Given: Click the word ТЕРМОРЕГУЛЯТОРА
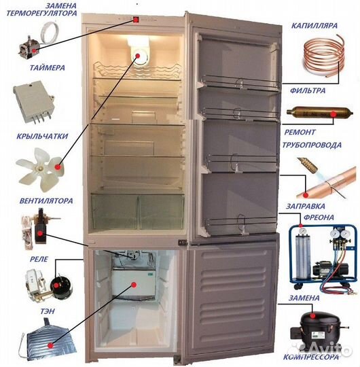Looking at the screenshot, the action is point(41,13).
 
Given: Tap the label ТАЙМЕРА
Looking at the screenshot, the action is point(47,68).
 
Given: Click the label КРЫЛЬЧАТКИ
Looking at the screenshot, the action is point(42,136).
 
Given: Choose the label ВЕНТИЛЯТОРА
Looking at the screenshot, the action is point(46,200).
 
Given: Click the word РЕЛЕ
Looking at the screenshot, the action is point(39,259).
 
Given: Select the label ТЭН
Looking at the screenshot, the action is point(48,311).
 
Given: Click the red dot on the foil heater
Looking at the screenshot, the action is point(50,345).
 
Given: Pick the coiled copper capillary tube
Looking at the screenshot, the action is point(324,56).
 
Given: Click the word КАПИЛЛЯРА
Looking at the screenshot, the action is point(314,25).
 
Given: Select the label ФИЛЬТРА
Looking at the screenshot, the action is point(308,90).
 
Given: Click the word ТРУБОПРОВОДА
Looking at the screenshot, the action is point(312,145).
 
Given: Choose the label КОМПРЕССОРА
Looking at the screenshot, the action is point(311,357).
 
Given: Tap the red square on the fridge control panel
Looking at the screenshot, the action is point(136,20).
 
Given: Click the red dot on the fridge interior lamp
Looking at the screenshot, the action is point(137,56).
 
